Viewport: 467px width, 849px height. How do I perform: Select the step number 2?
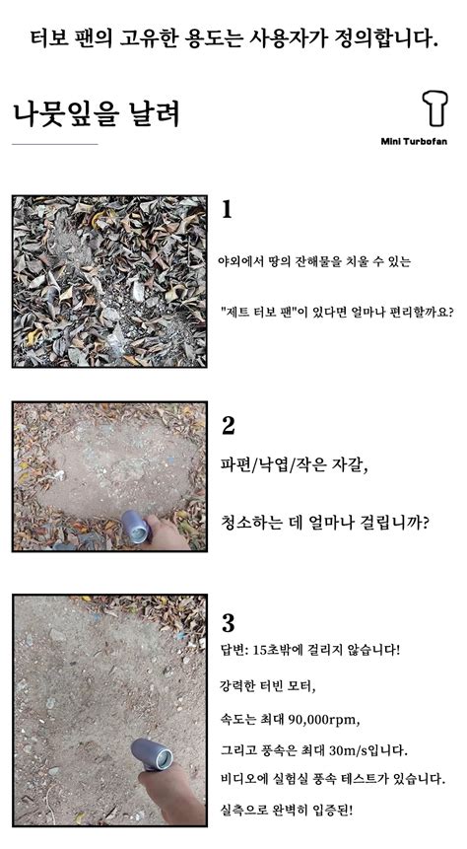click(x=229, y=426)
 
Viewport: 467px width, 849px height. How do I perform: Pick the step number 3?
click(x=229, y=623)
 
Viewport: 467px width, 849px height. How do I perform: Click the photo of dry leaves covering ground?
click(x=109, y=281)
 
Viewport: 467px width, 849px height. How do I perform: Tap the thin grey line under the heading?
click(x=55, y=144)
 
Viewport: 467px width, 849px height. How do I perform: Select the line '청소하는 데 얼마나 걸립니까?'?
click(x=325, y=522)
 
